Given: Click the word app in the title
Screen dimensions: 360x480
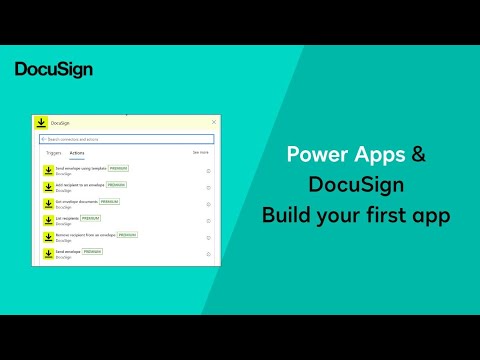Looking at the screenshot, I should tap(430, 216).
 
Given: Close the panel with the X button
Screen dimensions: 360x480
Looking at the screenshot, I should tap(214, 122).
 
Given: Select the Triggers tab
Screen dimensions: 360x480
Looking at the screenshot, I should tap(53, 153).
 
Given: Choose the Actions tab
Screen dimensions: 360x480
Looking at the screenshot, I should tap(76, 153).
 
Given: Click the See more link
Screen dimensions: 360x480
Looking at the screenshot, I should tap(201, 152).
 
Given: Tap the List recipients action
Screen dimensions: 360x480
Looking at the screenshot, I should tap(67, 218).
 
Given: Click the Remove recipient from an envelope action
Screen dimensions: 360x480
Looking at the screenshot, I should tap(85, 235).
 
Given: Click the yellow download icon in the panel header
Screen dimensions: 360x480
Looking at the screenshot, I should tap(40, 122).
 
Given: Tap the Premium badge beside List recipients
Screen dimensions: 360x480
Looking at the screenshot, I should tap(91, 217).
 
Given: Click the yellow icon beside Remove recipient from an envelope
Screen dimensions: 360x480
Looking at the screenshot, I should tap(47, 237).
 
